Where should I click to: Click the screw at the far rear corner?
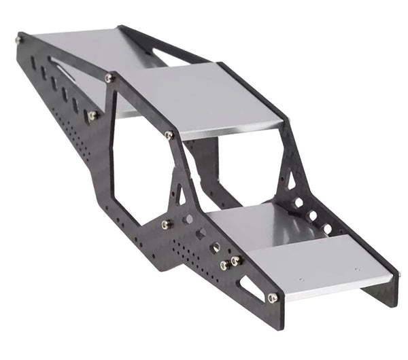[18, 40]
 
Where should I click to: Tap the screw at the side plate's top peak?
[109, 78]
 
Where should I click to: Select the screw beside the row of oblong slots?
[92, 115]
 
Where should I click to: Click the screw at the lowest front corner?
[272, 298]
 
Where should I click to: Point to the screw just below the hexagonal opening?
[165, 223]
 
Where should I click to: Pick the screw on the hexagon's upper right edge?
[169, 135]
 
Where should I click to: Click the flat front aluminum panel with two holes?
[320, 268]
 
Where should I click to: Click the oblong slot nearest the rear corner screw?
[33, 62]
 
